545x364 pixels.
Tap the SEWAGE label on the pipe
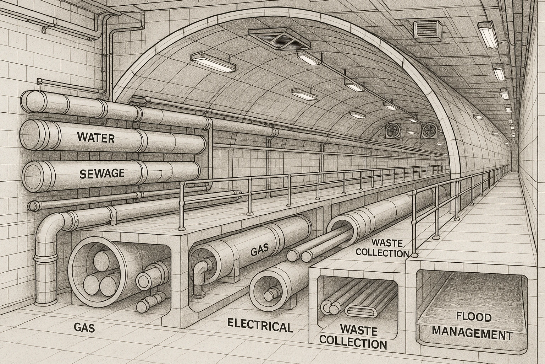tap(101, 173)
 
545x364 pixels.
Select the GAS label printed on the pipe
tap(258, 251)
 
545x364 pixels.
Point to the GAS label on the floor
tap(84, 327)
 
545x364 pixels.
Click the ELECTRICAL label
tap(260, 325)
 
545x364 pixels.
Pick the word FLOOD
tap(473, 317)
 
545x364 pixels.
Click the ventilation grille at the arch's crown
tap(280, 39)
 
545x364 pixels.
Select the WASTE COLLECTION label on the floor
tap(353, 337)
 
